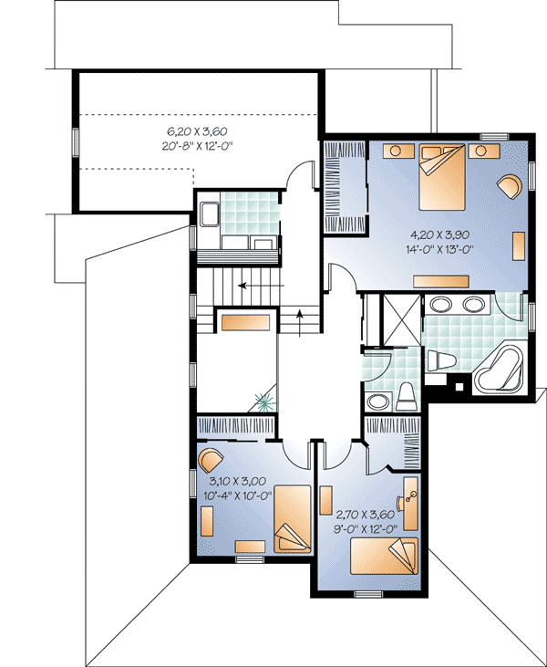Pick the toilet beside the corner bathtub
click(441, 360)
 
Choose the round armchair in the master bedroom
click(510, 185)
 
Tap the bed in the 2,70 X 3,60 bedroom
click(381, 556)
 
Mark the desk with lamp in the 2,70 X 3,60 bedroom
click(410, 507)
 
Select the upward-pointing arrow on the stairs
click(300, 316)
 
